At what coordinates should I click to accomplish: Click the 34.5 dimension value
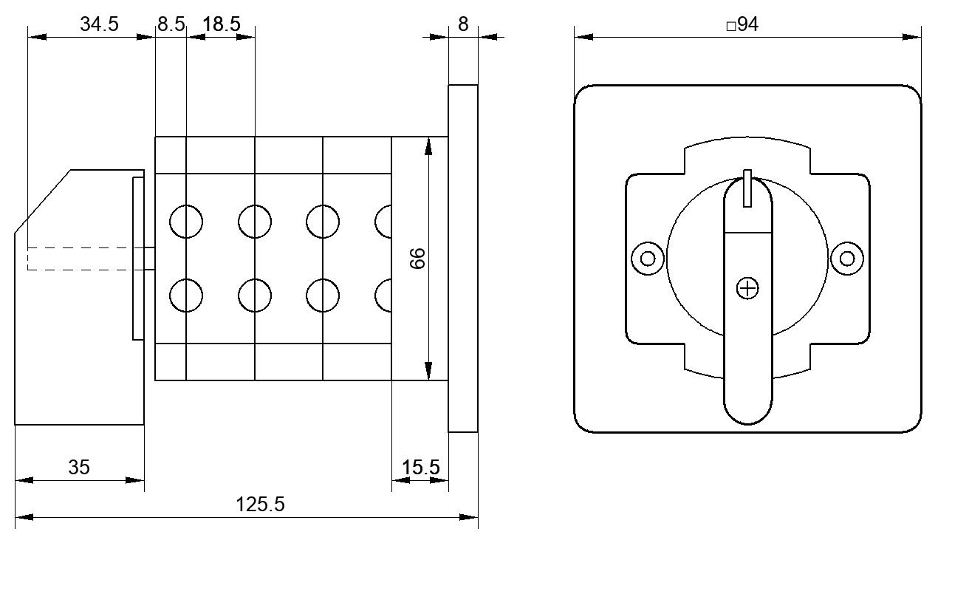[99, 24]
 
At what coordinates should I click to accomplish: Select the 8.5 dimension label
[171, 24]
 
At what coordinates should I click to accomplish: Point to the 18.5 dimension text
[222, 24]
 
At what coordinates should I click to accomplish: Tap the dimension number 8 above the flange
[463, 24]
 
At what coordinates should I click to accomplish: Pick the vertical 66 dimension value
[417, 259]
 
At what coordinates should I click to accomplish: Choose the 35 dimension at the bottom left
[79, 468]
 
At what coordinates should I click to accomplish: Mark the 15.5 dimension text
[420, 468]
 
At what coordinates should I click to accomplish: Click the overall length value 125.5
[260, 505]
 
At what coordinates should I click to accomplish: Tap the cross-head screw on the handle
[747, 288]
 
